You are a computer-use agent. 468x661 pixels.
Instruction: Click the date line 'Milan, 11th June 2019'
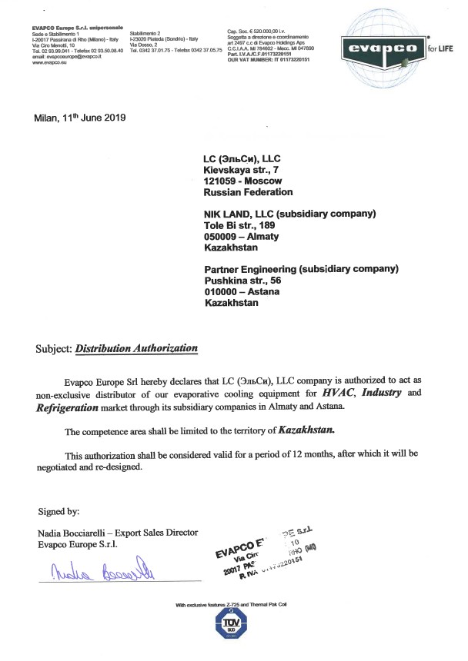point(80,118)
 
